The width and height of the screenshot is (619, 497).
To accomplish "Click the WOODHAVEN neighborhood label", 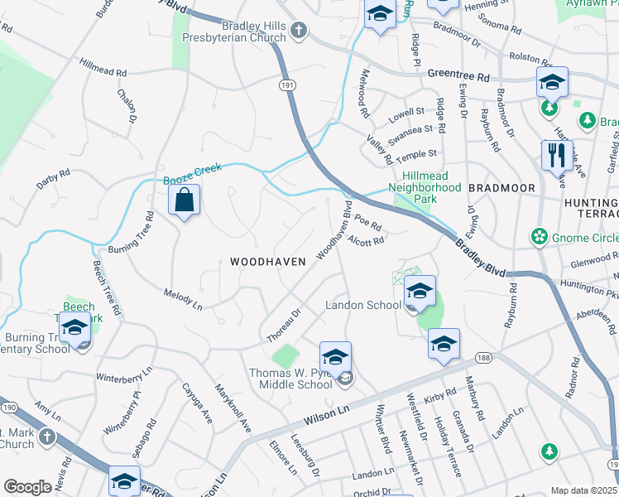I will [267, 261].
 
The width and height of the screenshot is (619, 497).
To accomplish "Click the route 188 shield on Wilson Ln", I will [483, 357].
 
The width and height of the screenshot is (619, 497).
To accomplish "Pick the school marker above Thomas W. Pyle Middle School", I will [335, 357].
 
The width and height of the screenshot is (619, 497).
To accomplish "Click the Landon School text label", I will [362, 305].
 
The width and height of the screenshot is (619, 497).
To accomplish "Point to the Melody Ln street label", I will [183, 299].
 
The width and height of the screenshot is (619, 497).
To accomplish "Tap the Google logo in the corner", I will [27, 486].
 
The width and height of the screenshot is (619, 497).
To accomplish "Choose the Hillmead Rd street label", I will [103, 67].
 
